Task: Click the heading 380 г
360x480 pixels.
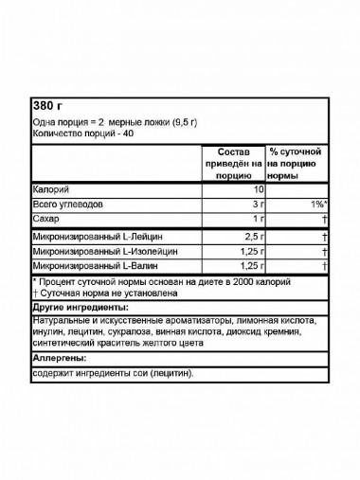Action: (45, 105)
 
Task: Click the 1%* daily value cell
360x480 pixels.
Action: (317, 204)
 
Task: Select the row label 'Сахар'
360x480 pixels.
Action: (45, 218)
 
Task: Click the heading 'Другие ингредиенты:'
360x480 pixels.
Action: (80, 309)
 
